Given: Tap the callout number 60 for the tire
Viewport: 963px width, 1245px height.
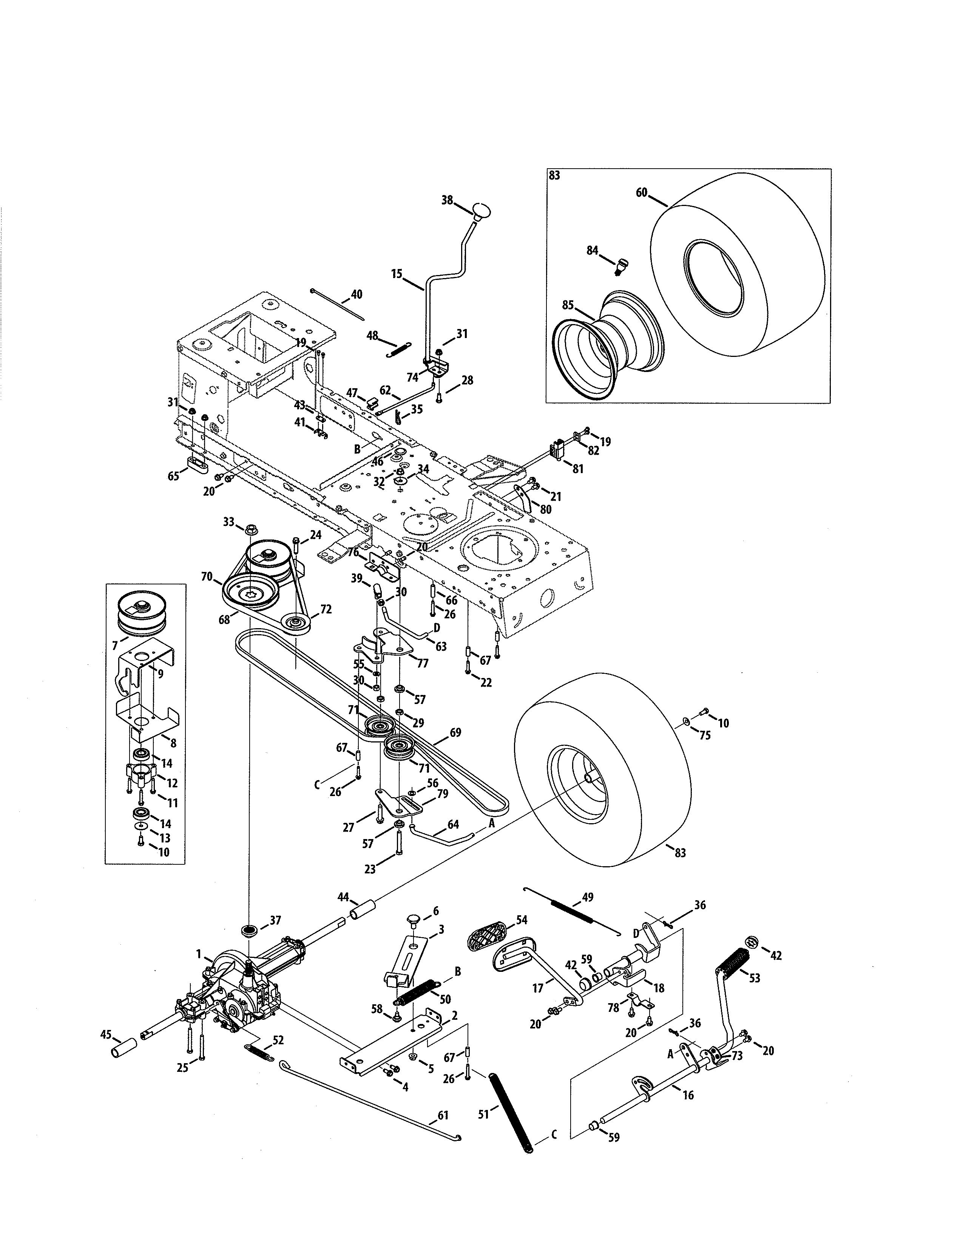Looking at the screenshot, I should point(641,193).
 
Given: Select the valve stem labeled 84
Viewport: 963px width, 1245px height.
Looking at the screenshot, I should point(620,265).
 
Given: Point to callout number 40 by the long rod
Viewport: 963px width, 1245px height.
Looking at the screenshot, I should point(356,295).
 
